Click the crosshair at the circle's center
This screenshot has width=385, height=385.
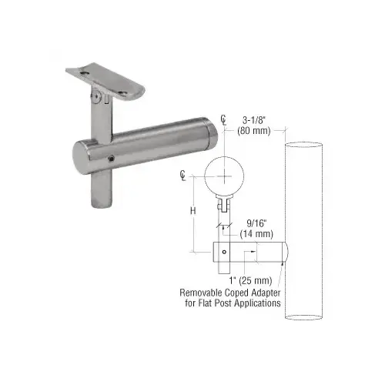(224, 176)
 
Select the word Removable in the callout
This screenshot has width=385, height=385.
(204, 292)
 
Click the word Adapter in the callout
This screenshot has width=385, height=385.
(283, 292)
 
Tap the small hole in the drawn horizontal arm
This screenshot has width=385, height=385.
(224, 250)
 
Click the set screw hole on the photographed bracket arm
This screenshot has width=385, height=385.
(113, 158)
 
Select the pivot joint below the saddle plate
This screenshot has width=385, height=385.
(96, 98)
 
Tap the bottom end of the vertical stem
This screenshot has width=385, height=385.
(99, 204)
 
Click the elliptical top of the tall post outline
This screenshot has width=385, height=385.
(306, 145)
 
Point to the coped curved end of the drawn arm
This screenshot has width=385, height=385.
(285, 251)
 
